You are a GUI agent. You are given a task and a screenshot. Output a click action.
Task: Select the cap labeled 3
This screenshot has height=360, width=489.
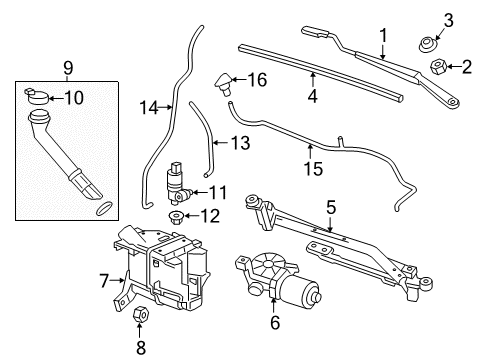tap(426, 43)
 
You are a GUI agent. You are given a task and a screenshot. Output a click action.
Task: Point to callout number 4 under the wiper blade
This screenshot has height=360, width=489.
tap(311, 97)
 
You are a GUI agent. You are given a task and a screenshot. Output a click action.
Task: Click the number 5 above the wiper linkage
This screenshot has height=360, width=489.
tap(331, 207)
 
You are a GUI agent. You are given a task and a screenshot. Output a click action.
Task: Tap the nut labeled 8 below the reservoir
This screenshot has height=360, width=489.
tap(141, 317)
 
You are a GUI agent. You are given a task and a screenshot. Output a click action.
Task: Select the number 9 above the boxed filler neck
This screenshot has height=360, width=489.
tap(67, 69)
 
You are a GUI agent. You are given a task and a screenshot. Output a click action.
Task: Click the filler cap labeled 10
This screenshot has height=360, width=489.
tap(39, 97)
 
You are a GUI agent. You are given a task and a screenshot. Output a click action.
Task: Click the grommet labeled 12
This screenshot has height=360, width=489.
tap(177, 217)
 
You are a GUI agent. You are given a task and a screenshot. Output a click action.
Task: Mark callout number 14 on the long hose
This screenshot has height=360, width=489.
tap(149, 106)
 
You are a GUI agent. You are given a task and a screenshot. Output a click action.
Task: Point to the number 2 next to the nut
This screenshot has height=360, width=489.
tap(467, 67)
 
